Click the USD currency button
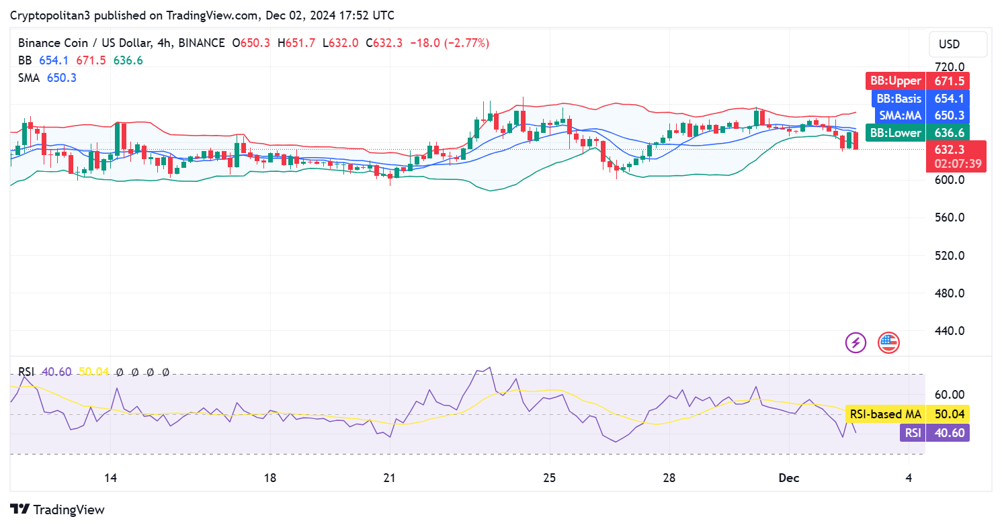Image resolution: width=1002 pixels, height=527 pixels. coord(958,44)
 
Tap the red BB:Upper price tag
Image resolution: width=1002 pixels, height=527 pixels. coord(917,81)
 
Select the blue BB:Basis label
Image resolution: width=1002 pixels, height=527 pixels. coord(917,99)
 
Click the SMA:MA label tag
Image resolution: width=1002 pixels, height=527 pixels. coord(917,115)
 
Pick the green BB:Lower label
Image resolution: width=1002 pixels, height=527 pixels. coord(917,133)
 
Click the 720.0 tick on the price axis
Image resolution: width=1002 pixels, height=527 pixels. coord(950,67)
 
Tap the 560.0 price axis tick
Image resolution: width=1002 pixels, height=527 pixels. coord(950,218)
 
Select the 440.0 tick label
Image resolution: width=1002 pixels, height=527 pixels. coord(950,331)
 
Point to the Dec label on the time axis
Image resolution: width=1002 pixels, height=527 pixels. coord(788,478)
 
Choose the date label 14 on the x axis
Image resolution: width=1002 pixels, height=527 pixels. coord(111,478)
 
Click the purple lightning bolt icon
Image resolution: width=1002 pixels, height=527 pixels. coord(855,343)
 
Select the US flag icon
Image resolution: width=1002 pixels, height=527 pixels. coord(888,343)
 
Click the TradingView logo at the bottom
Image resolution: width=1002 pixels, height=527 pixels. coord(58,510)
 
